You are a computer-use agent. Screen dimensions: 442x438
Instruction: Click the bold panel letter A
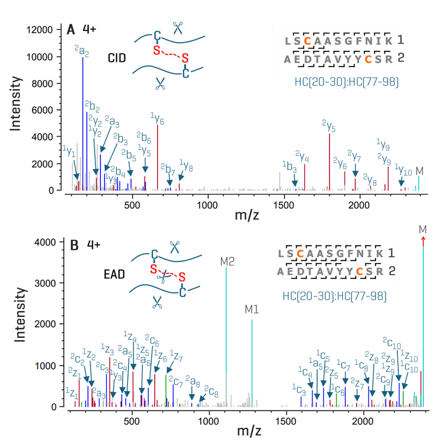[71, 29]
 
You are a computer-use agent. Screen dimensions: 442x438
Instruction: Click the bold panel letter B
[74, 245]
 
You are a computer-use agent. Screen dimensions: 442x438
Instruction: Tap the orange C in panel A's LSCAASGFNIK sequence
[307, 41]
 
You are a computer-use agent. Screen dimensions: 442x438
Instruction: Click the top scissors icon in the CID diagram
[178, 27]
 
